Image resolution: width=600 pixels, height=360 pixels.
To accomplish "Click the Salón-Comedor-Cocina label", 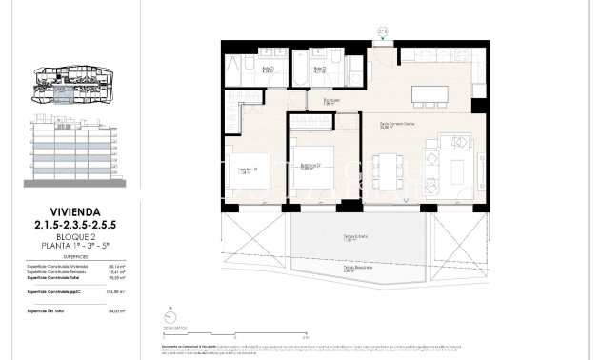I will click(x=396, y=124).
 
